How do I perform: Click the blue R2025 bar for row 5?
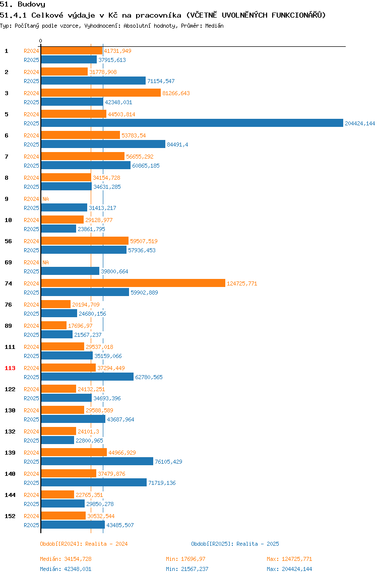(x=193, y=123)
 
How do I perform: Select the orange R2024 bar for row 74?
(x=133, y=283)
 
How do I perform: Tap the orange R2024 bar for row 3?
(x=101, y=93)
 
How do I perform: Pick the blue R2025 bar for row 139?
(x=97, y=461)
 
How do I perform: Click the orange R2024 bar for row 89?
(x=54, y=325)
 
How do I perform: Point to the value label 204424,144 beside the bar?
(x=360, y=123)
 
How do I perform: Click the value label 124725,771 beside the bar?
(x=242, y=283)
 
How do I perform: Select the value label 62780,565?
(x=149, y=377)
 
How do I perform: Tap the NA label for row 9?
(x=45, y=199)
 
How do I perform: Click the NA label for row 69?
(x=45, y=262)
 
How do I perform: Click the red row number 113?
(x=10, y=368)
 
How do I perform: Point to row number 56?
(x=8, y=241)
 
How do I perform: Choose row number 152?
(x=10, y=516)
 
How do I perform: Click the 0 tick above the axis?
(x=41, y=41)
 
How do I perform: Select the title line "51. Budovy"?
(x=23, y=5)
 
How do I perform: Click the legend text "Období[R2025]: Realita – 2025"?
(x=235, y=544)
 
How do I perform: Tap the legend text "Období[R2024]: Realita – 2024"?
(x=84, y=544)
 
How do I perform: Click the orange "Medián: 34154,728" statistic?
(x=66, y=559)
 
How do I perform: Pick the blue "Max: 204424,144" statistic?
(x=289, y=569)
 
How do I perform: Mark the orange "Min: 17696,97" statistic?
(x=185, y=559)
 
